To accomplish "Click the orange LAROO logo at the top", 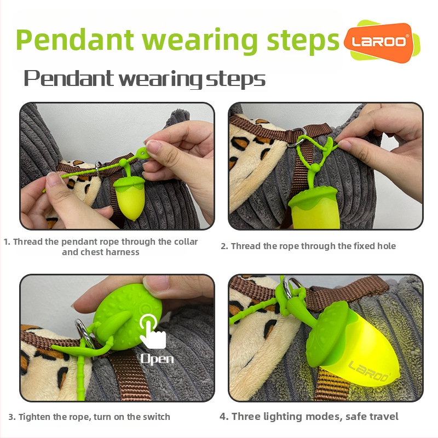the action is tap(379, 43).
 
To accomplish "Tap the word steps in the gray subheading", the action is tap(235, 79).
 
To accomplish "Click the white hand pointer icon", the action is tap(152, 331).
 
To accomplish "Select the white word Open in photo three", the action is tap(157, 359).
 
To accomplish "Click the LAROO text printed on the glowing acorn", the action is tap(368, 371).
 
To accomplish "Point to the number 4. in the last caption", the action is tap(224, 417).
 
